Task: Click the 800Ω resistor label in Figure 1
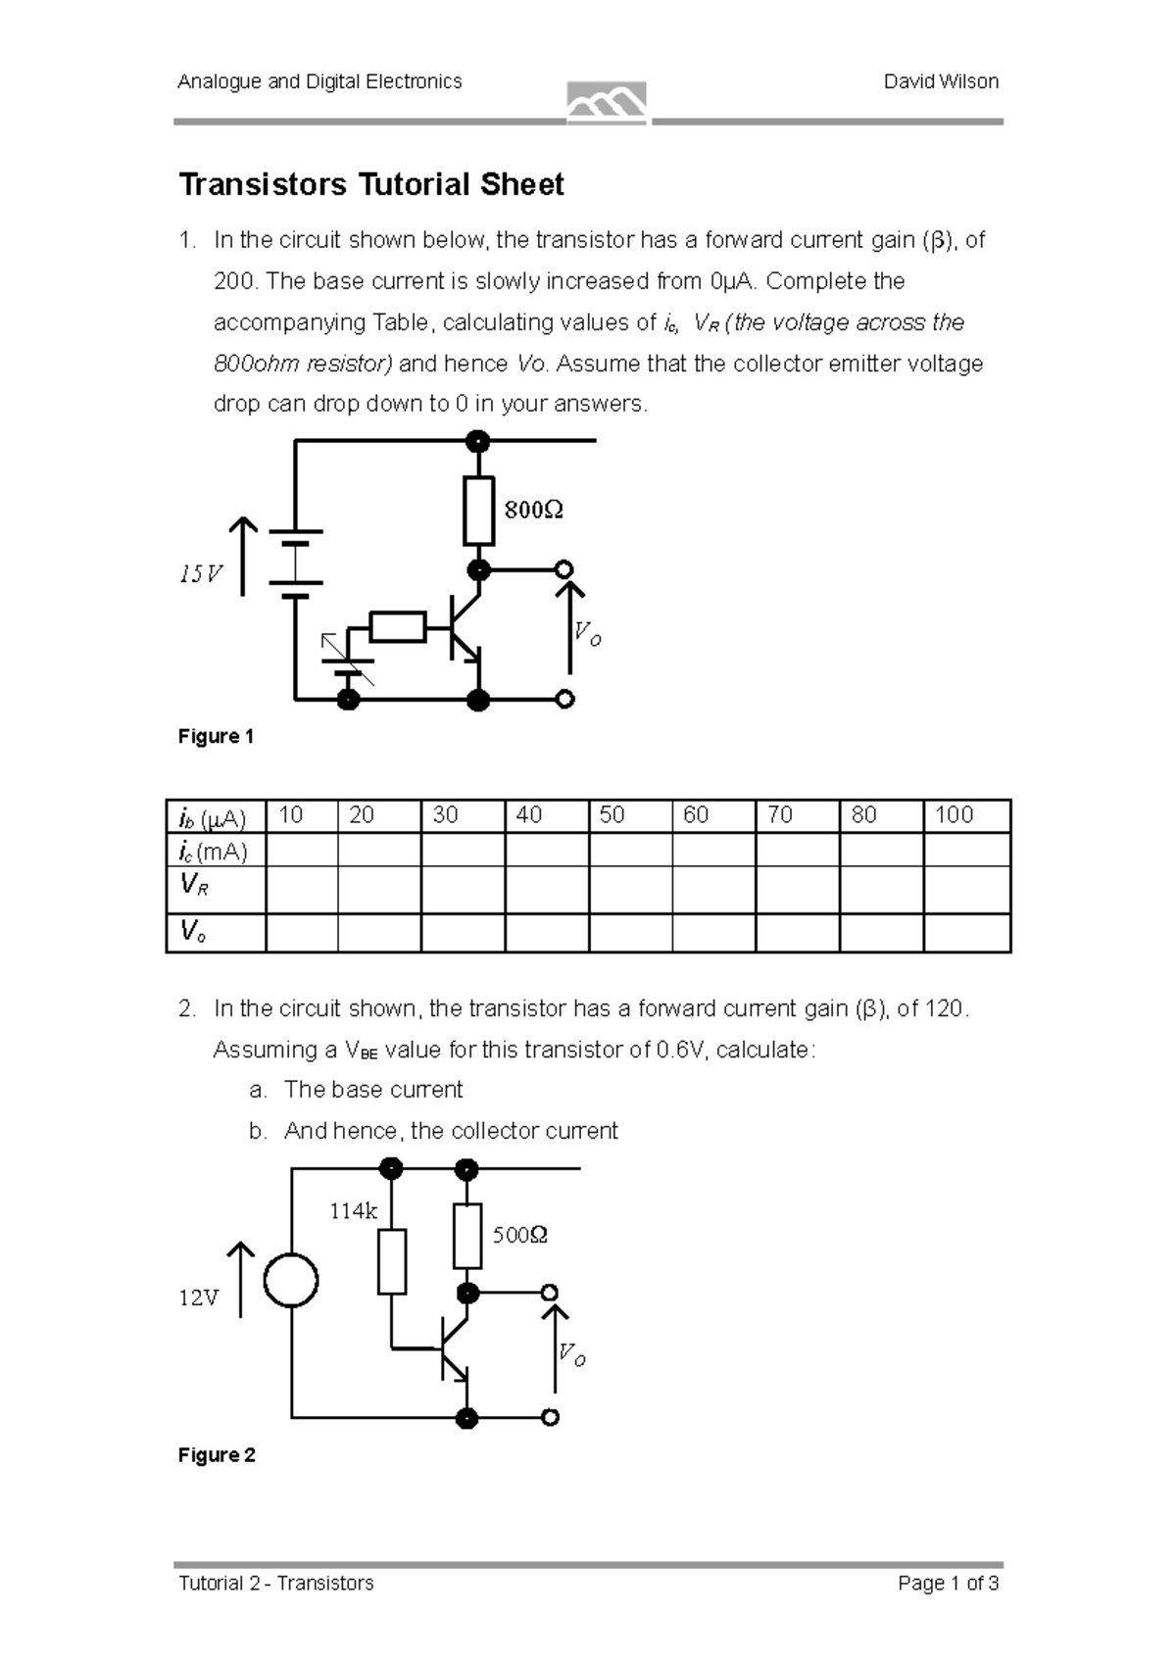coord(533,510)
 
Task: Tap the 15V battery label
coord(201,574)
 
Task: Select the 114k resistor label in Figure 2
coord(353,1211)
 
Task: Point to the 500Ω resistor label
coord(519,1235)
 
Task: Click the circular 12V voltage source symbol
coord(291,1281)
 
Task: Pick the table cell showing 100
coord(954,815)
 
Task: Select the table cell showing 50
coord(612,815)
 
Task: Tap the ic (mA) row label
coord(213,850)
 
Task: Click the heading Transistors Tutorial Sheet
coord(370,184)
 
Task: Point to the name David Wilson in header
coord(940,82)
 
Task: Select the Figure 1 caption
coord(216,737)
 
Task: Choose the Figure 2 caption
coord(217,1455)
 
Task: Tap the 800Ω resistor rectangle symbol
coord(478,511)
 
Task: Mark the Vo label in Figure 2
coord(572,1355)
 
